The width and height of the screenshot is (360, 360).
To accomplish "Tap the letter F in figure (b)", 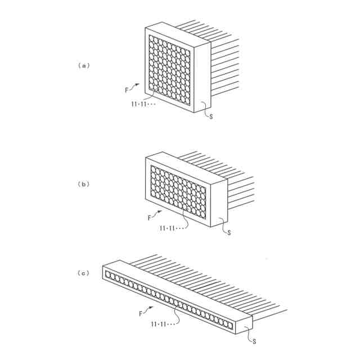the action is [149, 217].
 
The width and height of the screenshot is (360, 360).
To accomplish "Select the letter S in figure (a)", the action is [211, 116].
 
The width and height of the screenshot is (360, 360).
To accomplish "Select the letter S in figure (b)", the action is [229, 232].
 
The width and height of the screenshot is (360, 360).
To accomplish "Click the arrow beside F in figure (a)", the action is [135, 85].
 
